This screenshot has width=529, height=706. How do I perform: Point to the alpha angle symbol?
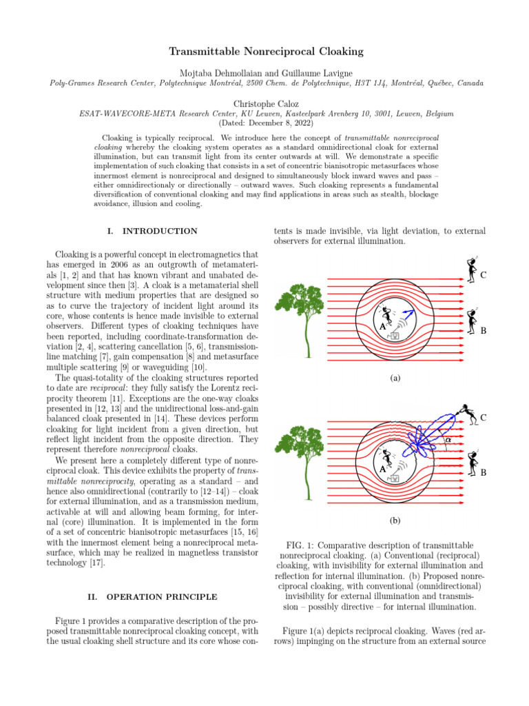[x=448, y=439]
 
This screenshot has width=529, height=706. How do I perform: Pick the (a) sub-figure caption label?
[x=394, y=379]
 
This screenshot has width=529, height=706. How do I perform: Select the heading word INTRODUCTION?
[x=163, y=231]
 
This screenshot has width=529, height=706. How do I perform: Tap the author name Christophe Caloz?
[x=264, y=103]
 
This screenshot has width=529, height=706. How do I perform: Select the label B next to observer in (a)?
[x=484, y=330]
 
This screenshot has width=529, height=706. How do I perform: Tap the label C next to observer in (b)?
[x=484, y=417]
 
